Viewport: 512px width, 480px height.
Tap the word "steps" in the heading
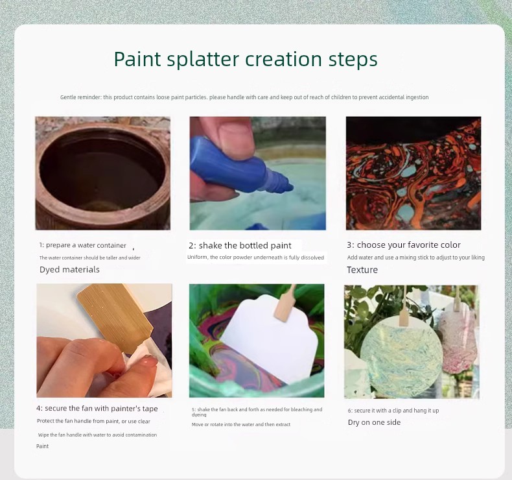coord(353,59)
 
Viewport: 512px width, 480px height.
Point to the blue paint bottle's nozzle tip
coord(290,187)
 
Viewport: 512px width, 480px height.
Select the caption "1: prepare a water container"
coord(82,245)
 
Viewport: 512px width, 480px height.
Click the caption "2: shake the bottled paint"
coord(240,245)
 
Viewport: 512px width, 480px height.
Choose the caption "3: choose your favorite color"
coord(404,245)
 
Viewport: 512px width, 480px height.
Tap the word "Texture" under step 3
coord(362,270)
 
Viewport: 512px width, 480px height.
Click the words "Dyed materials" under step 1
coord(69,270)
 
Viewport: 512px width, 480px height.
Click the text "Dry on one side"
coord(374,422)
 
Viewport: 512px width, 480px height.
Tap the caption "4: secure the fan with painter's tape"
coord(97,409)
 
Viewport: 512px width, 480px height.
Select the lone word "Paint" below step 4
coord(42,446)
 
